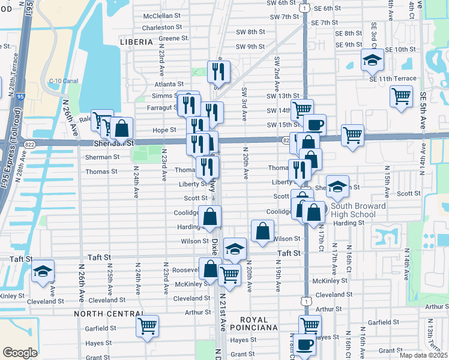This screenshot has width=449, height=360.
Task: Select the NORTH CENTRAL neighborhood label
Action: [x=108, y=313]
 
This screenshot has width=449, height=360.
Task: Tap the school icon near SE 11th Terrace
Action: [x=372, y=60]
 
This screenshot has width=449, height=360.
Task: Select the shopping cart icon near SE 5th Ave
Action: [x=401, y=96]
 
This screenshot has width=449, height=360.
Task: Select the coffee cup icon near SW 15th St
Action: [x=315, y=125]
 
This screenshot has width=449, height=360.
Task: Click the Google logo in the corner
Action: [x=20, y=353]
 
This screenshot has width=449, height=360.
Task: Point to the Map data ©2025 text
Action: [x=423, y=355]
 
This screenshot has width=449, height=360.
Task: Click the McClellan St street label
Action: [x=161, y=16]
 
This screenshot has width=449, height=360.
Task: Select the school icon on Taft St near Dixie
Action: [x=235, y=248]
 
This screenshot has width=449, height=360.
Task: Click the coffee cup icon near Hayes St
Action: [x=306, y=344]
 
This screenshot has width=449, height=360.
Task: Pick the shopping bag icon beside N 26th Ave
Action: [x=121, y=128]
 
